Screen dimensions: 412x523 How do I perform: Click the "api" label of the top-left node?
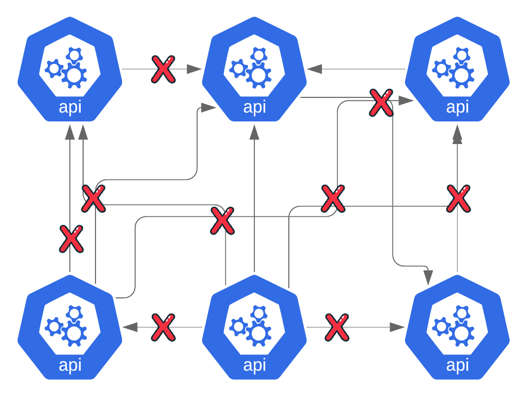(x=70, y=107)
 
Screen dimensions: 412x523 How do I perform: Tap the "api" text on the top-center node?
(x=254, y=107)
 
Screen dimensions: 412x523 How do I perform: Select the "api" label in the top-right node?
(x=457, y=107)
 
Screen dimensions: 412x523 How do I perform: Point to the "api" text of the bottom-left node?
(x=70, y=365)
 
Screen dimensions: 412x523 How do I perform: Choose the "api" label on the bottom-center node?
(x=254, y=365)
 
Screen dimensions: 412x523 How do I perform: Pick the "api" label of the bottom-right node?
(x=457, y=365)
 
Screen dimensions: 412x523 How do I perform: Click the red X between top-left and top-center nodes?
(x=163, y=69)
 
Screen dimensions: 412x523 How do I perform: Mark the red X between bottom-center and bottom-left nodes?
(x=163, y=327)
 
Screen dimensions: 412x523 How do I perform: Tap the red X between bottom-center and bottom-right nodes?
(x=337, y=327)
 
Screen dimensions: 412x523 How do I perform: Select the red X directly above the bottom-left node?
(x=71, y=239)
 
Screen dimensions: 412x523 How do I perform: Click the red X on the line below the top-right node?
(x=458, y=199)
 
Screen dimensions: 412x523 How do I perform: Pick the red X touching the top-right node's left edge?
(x=381, y=103)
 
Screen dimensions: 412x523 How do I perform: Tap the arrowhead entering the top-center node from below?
(x=254, y=132)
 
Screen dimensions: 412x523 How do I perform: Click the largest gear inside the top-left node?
(x=74, y=75)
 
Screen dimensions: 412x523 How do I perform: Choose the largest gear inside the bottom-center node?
(x=258, y=333)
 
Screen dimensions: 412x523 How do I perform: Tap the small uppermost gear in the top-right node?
(x=461, y=55)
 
